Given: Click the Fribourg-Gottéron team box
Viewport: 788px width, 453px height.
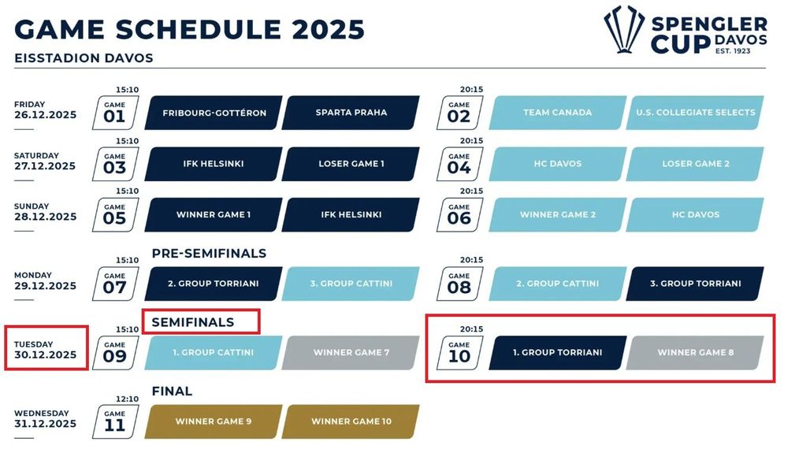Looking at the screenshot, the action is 214,113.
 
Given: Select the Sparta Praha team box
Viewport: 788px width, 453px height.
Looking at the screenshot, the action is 351,113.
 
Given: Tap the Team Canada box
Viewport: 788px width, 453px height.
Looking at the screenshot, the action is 558,113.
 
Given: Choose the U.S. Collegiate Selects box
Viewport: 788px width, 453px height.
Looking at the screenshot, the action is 695,113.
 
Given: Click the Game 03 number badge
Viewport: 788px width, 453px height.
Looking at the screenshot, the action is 115,164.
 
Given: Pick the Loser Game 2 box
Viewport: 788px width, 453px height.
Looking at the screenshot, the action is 695,164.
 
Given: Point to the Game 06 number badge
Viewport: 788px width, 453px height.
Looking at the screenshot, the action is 459,214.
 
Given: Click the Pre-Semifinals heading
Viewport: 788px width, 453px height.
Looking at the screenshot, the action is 209,253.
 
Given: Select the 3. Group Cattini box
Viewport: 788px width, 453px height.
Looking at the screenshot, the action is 351,284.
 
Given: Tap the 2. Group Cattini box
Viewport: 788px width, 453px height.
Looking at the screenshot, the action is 558,284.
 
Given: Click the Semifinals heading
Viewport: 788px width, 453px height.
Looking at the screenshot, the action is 193,322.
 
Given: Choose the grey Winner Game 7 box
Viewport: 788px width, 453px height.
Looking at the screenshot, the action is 351,353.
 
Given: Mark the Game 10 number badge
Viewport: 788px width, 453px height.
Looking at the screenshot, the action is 459,353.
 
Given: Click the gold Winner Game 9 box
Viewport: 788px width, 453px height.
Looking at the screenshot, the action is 214,421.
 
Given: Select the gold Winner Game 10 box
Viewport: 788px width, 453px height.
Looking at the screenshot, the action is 351,421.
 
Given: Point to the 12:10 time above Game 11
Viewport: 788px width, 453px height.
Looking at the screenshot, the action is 127,399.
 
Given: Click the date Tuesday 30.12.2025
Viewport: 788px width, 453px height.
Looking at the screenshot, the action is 45,350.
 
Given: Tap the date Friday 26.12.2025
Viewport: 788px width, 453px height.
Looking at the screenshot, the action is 45,110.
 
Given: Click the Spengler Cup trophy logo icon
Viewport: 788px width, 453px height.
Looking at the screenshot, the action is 624,29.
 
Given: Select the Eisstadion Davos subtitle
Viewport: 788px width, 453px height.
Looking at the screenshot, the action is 84,58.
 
